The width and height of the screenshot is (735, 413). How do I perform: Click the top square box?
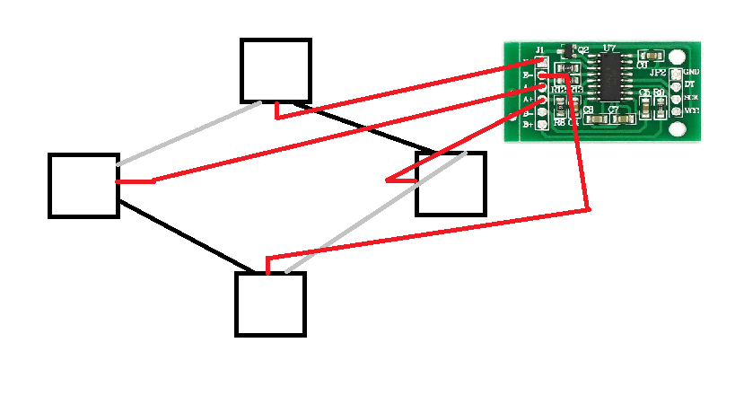point(276,71)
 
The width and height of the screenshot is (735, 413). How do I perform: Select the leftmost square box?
point(83,186)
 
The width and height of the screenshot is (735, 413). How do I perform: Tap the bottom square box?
point(270,304)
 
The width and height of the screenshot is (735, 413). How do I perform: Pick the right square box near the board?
point(451,185)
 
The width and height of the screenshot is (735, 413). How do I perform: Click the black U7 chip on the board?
point(611,75)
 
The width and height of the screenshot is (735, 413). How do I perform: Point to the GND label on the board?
point(691,72)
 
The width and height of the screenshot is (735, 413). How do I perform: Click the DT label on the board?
point(689,84)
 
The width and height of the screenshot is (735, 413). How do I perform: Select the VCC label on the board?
point(691,110)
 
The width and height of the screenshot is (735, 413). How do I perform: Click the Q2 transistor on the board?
point(567,50)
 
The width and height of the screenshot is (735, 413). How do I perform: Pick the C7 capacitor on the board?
point(613,110)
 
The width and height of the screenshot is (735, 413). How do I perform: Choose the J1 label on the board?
point(539,49)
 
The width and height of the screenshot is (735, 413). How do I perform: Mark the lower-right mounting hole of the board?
point(677,130)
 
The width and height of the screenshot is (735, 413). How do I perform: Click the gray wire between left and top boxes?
point(188,134)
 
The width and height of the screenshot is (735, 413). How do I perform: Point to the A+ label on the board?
point(528,101)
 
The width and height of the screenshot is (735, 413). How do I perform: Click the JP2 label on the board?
point(658,72)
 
